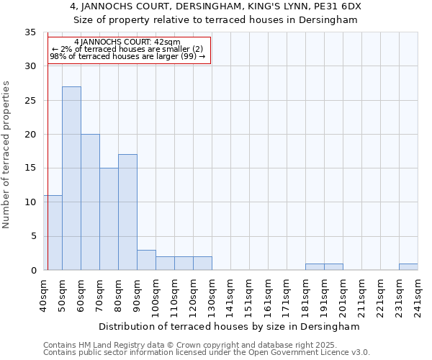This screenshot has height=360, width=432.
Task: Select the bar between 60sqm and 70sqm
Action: pyautogui.click(x=90, y=202)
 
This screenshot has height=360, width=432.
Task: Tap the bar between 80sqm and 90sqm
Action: pyautogui.click(x=127, y=212)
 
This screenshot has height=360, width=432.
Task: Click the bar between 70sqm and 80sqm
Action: pyautogui.click(x=109, y=219)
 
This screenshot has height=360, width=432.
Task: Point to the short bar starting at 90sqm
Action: pyautogui.click(x=146, y=260)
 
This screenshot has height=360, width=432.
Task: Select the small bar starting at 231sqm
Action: pyautogui.click(x=408, y=267)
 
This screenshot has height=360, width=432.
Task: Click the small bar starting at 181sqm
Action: pyautogui.click(x=315, y=267)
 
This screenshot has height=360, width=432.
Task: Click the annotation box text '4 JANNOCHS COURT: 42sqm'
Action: pyautogui.click(x=127, y=42)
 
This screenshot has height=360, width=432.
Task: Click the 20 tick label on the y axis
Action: pyautogui.click(x=30, y=135)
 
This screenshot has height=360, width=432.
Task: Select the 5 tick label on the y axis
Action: pyautogui.click(x=33, y=237)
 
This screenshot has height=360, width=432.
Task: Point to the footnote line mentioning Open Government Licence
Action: pyautogui.click(x=207, y=353)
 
